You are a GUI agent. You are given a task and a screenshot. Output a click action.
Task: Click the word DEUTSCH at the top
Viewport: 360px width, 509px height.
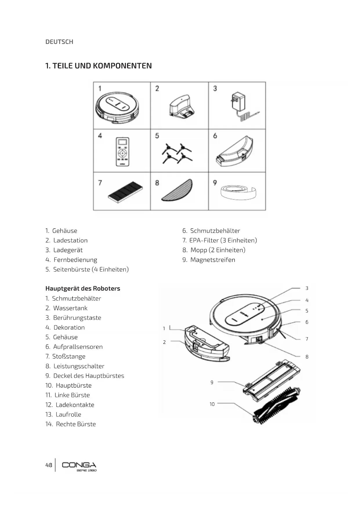(x=59, y=42)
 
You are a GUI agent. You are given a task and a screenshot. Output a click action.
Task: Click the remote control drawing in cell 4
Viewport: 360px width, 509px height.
(x=122, y=152)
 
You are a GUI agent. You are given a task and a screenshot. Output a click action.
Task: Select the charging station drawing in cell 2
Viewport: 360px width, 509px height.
(x=182, y=107)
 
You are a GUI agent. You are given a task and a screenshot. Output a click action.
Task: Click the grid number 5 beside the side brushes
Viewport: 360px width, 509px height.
(x=157, y=136)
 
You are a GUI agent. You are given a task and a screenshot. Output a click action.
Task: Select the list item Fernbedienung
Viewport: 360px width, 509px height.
(x=75, y=260)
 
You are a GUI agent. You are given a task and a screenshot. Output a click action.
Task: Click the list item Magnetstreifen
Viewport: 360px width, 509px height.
(x=212, y=260)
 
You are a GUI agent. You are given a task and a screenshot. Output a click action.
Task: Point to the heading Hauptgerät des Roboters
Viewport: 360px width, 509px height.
(x=83, y=288)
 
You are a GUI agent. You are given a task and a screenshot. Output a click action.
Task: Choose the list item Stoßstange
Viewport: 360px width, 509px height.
(x=69, y=356)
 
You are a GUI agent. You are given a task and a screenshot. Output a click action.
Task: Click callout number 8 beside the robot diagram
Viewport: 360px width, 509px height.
(x=307, y=357)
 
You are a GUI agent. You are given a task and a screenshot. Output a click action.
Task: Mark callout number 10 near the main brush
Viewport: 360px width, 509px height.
(x=212, y=404)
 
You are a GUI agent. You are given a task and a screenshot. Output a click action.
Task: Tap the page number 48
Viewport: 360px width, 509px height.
(x=49, y=465)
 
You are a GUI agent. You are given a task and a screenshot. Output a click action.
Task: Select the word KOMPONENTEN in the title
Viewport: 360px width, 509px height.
(x=122, y=66)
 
